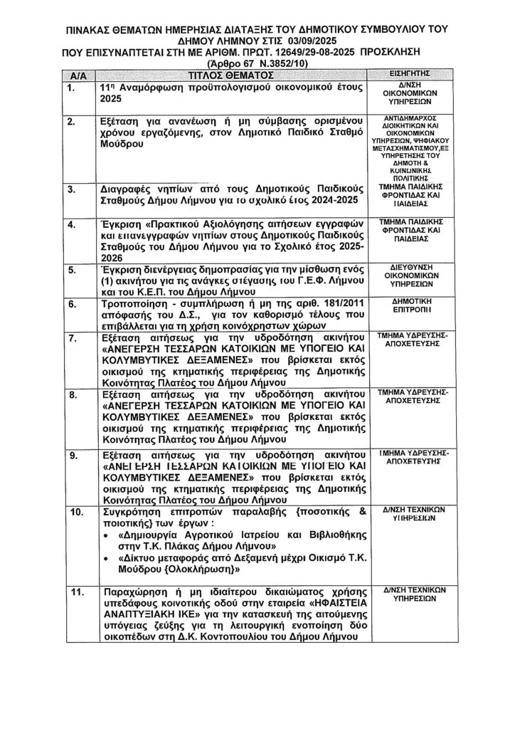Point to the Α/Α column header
[78, 74]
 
